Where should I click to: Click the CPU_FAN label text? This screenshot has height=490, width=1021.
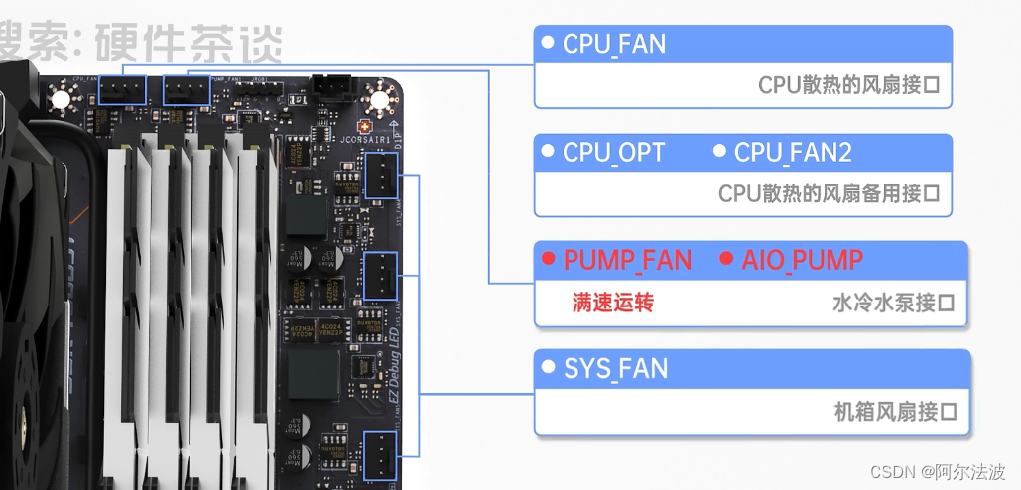tap(613, 45)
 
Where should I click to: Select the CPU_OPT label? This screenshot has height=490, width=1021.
tap(613, 153)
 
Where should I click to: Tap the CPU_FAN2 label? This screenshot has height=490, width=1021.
tap(793, 153)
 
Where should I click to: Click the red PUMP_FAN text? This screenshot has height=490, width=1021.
tap(627, 261)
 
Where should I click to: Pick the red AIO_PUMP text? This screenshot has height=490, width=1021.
tap(802, 261)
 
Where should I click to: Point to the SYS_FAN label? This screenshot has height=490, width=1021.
tap(615, 369)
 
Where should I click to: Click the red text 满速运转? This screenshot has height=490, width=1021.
tap(612, 304)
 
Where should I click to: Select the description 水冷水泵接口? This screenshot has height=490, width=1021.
tap(893, 304)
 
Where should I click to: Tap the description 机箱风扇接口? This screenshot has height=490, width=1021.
tap(894, 411)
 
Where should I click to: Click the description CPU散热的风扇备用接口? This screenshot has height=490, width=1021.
tap(829, 193)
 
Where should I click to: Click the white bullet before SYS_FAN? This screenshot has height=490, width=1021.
tap(547, 368)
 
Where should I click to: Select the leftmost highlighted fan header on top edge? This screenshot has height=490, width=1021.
tap(128, 91)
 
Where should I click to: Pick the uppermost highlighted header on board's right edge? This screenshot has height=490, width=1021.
tap(381, 179)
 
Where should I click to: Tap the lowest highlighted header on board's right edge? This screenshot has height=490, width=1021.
tap(381, 453)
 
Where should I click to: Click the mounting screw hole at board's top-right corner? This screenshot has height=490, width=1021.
tap(377, 98)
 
